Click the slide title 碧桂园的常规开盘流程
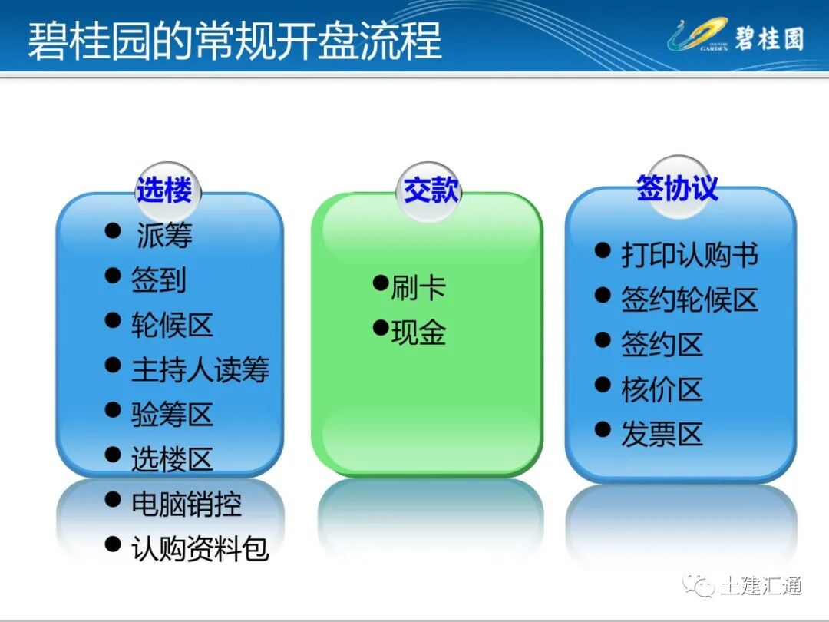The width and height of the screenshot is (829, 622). point(235,40)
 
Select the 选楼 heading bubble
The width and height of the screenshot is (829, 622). point(163,190)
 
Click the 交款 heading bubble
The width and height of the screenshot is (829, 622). point(431,190)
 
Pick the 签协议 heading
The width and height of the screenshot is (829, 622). point(677,187)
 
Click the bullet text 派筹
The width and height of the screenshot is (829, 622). point(164,235)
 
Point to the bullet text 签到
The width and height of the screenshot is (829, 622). point(159,280)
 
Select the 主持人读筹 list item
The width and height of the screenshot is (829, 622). point(200,370)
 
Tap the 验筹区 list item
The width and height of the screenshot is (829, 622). point(172,415)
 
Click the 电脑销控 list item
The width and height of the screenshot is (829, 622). point(187,505)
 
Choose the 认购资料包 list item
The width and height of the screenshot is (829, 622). point(200,549)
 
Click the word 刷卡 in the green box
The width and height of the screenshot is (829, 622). point(418,289)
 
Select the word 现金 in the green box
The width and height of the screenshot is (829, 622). point(418,333)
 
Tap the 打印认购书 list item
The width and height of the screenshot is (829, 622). point(689,256)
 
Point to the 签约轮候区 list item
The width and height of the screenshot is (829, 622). point(689,300)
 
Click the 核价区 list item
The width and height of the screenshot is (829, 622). point(662,390)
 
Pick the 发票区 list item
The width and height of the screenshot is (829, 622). point(662,435)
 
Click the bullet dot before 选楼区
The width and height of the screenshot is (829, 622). point(113,455)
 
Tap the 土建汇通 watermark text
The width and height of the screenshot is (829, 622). point(761,586)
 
